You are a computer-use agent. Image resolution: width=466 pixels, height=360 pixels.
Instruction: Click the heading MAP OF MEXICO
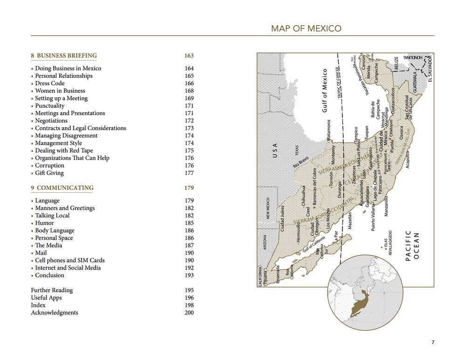tap(306, 29)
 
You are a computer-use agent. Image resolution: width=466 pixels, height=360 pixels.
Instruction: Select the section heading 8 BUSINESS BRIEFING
tap(64, 56)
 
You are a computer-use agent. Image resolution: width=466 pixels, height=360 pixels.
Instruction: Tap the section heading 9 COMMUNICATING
tap(62, 188)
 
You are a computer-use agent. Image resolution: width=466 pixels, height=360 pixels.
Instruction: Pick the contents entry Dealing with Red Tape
tap(64, 150)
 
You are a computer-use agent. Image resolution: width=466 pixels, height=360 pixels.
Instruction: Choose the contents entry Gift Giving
tap(49, 173)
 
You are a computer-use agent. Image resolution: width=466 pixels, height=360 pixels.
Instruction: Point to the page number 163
tap(189, 56)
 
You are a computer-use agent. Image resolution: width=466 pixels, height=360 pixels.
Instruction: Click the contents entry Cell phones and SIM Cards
tap(70, 260)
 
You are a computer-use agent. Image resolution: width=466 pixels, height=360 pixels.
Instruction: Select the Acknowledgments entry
tap(55, 312)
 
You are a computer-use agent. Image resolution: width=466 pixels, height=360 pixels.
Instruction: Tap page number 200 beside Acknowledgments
tap(189, 312)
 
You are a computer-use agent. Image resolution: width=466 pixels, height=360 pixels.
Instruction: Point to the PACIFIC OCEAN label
tap(412, 245)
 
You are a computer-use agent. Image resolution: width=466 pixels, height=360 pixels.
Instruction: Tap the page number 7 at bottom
tap(432, 343)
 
